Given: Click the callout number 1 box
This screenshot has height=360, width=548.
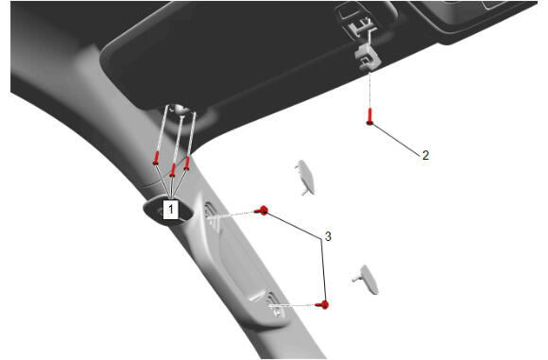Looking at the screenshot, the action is [171, 210].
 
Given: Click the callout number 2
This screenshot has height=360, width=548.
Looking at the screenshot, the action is [425, 155].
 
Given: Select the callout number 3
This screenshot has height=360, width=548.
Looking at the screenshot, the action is [328, 236].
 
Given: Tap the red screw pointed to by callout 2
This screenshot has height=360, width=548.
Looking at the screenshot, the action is [369, 116].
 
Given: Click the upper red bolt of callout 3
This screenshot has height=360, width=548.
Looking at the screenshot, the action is [262, 211].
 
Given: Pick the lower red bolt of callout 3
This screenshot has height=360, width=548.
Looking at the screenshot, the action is [322, 305].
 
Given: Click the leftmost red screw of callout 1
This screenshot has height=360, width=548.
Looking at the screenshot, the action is [156, 159].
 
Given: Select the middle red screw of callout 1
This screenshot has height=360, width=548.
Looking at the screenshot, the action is [173, 170].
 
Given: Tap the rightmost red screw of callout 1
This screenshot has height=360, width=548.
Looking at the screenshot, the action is [187, 163].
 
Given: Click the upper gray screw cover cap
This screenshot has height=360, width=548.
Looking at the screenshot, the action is [305, 178].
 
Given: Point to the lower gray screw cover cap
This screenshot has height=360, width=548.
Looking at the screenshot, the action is [367, 280].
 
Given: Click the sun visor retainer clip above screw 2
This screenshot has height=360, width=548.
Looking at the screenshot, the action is [367, 56].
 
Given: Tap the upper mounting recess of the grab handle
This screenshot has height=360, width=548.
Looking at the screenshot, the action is [213, 216].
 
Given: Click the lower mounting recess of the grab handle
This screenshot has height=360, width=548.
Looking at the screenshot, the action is [274, 305].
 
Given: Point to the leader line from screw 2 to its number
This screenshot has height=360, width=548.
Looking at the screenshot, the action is [396, 139].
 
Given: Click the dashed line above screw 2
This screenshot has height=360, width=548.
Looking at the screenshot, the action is [369, 89].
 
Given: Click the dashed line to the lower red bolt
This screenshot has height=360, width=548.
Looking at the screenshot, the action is [292, 305].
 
